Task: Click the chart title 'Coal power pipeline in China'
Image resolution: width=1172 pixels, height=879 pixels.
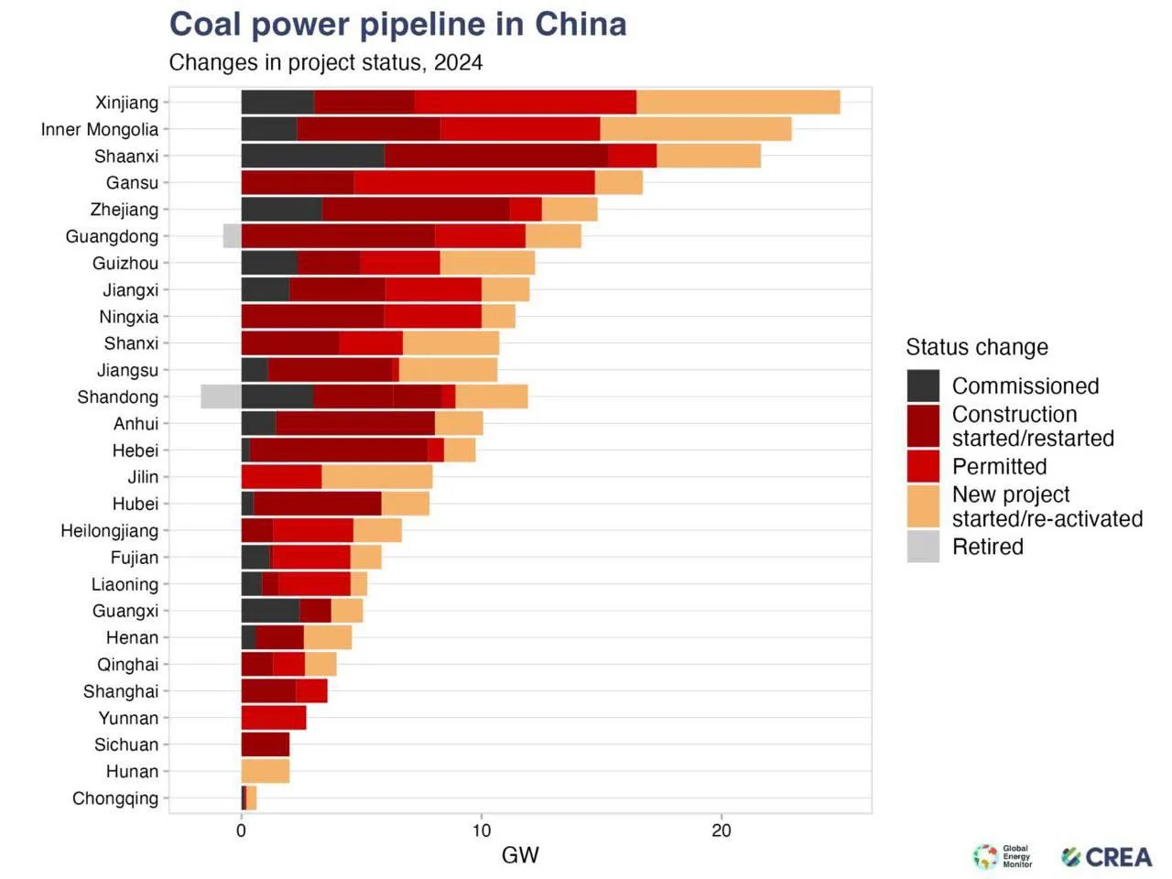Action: [x=397, y=25]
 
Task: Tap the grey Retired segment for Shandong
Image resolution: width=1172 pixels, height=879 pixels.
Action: [x=221, y=396]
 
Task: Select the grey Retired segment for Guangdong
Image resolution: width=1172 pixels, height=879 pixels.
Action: [x=233, y=236]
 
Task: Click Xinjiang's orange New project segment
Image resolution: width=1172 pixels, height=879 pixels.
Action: [x=738, y=102]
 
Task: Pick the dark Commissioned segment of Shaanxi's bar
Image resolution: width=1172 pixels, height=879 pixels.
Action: [x=313, y=156]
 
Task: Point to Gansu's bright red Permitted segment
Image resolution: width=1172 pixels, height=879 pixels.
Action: [x=474, y=182]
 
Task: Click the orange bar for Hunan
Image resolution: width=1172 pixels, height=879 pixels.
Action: [x=266, y=771]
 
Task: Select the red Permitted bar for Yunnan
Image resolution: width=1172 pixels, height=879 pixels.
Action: [x=274, y=717]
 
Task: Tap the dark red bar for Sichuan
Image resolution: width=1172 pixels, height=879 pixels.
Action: [x=266, y=744]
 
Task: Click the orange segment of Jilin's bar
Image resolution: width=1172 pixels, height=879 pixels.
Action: [x=377, y=477]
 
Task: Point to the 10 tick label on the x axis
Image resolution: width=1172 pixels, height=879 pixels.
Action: [x=481, y=831]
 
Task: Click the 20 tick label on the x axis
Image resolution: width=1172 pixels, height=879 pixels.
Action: [x=722, y=831]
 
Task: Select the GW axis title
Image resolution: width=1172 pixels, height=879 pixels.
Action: [x=520, y=855]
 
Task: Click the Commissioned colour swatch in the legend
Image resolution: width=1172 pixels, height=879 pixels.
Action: [x=923, y=385]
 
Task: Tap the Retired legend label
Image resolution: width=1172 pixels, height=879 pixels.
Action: [x=988, y=547]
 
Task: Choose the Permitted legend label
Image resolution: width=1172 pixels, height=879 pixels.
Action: [x=1000, y=466]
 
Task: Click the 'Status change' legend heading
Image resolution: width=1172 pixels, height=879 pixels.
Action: [x=977, y=347]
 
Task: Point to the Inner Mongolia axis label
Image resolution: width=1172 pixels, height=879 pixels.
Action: [x=100, y=129]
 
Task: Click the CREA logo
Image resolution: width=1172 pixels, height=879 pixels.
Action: [x=1106, y=857]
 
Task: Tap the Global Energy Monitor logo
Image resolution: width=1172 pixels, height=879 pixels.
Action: [x=1002, y=856]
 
